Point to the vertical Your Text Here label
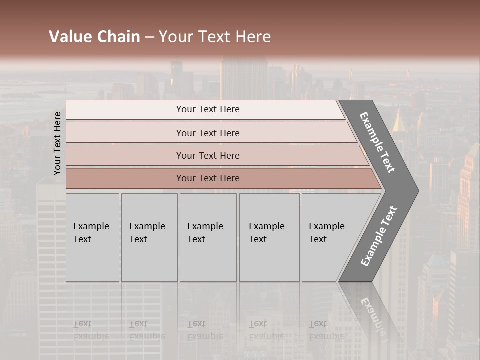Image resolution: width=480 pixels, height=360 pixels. pyautogui.click(x=57, y=143)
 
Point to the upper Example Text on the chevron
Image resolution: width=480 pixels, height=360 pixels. pyautogui.click(x=378, y=142)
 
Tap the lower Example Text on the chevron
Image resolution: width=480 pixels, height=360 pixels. pyautogui.click(x=379, y=236)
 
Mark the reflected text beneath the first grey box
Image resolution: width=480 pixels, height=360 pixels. pyautogui.click(x=91, y=330)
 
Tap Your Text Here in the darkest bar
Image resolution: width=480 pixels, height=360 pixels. pyautogui.click(x=208, y=178)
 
